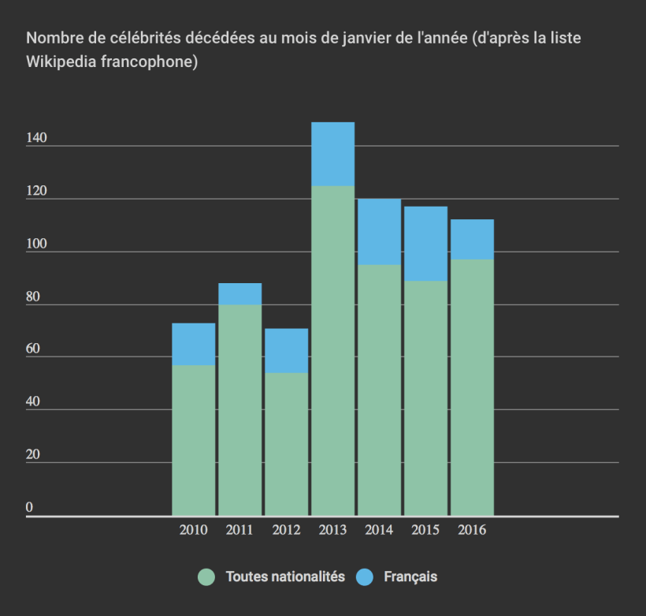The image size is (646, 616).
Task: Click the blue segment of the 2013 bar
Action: (332, 154)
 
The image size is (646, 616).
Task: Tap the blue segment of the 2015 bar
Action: (425, 244)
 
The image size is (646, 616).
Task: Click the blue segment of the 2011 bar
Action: (239, 294)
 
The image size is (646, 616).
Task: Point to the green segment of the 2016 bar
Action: (472, 387)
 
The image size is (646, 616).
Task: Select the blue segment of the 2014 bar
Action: (379, 232)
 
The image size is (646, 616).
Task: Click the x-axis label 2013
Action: (332, 530)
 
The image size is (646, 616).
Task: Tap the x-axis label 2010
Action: (193, 530)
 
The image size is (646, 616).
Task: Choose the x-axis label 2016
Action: (472, 530)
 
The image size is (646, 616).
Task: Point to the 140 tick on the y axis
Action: (36, 138)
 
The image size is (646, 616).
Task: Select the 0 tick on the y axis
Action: (30, 508)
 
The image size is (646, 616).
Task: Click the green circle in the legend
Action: (206, 577)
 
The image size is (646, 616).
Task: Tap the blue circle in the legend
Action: (364, 577)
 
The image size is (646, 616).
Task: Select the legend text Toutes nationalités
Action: (285, 577)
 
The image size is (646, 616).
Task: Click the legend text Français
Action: (410, 577)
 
